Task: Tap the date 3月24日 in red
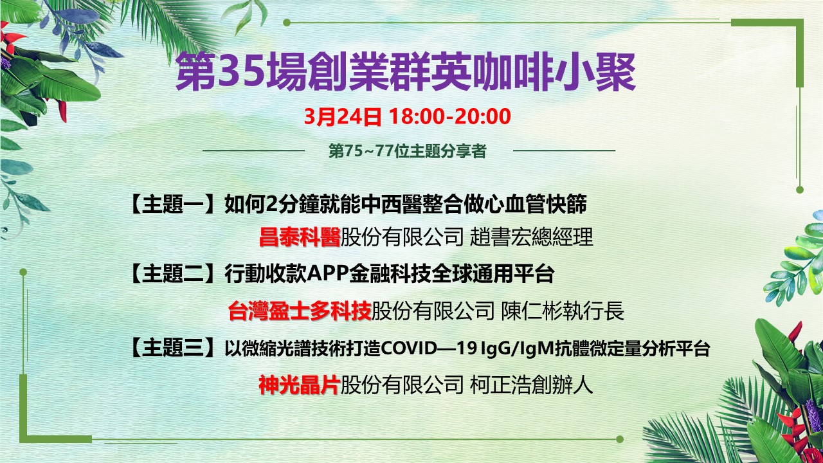343,117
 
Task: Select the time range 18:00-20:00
450,117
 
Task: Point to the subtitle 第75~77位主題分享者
408,151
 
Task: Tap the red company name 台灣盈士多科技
300,311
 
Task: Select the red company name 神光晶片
299,385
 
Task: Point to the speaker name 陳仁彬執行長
563,311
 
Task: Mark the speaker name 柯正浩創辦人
531,385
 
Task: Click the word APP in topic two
327,274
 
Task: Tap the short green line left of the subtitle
253,150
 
